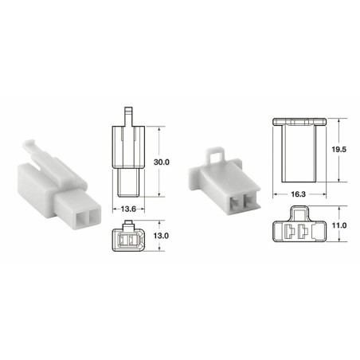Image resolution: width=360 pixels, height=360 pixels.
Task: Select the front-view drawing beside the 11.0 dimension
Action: [x=299, y=226]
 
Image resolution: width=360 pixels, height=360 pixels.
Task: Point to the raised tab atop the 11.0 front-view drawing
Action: [x=299, y=211]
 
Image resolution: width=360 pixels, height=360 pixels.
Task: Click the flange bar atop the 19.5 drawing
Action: [x=299, y=121]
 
